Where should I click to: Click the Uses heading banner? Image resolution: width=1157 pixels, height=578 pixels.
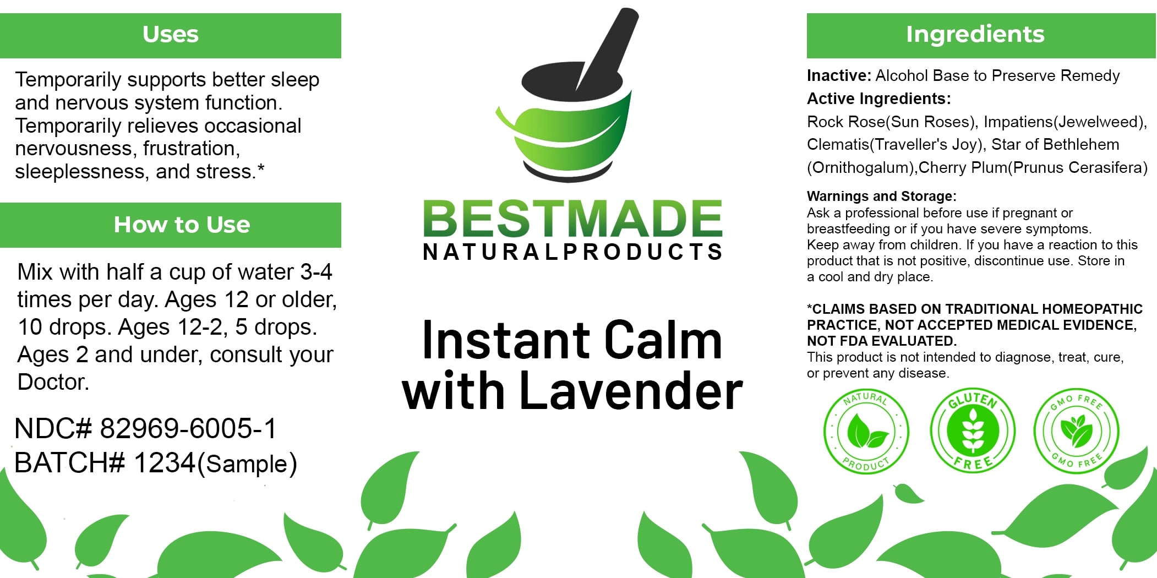[171, 35]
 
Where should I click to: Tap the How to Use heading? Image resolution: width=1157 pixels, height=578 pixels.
[182, 225]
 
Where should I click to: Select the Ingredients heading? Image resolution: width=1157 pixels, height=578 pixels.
[975, 34]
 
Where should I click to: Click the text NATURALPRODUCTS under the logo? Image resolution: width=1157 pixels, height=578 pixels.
[572, 252]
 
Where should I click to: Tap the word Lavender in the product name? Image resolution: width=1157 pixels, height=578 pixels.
[631, 391]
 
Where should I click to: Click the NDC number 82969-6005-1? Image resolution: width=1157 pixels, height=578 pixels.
[188, 428]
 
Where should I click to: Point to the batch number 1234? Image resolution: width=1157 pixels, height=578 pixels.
[165, 462]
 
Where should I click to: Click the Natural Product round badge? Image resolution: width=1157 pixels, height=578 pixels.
[866, 432]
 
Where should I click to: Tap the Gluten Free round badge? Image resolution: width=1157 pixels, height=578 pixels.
[973, 430]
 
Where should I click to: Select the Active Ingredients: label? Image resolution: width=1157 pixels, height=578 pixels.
[878, 99]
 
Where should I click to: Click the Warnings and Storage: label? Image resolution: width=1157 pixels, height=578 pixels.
[881, 196]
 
